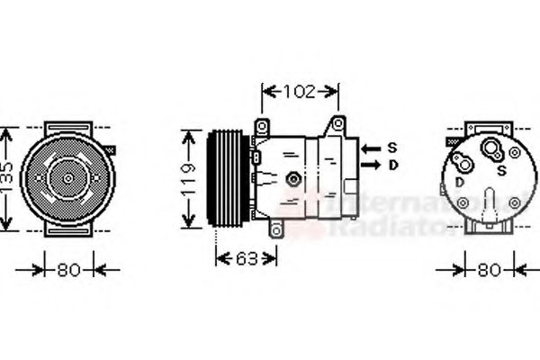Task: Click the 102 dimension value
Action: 300,90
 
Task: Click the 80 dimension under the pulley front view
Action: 67,268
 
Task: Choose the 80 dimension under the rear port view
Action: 489,268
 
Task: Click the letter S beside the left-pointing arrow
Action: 392,147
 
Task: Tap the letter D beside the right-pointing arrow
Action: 392,166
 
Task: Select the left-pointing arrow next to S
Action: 369,147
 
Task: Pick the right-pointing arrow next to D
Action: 369,166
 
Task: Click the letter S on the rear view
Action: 514,169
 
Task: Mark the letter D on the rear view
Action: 460,183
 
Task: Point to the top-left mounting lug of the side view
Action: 262,125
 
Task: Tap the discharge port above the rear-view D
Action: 462,163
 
